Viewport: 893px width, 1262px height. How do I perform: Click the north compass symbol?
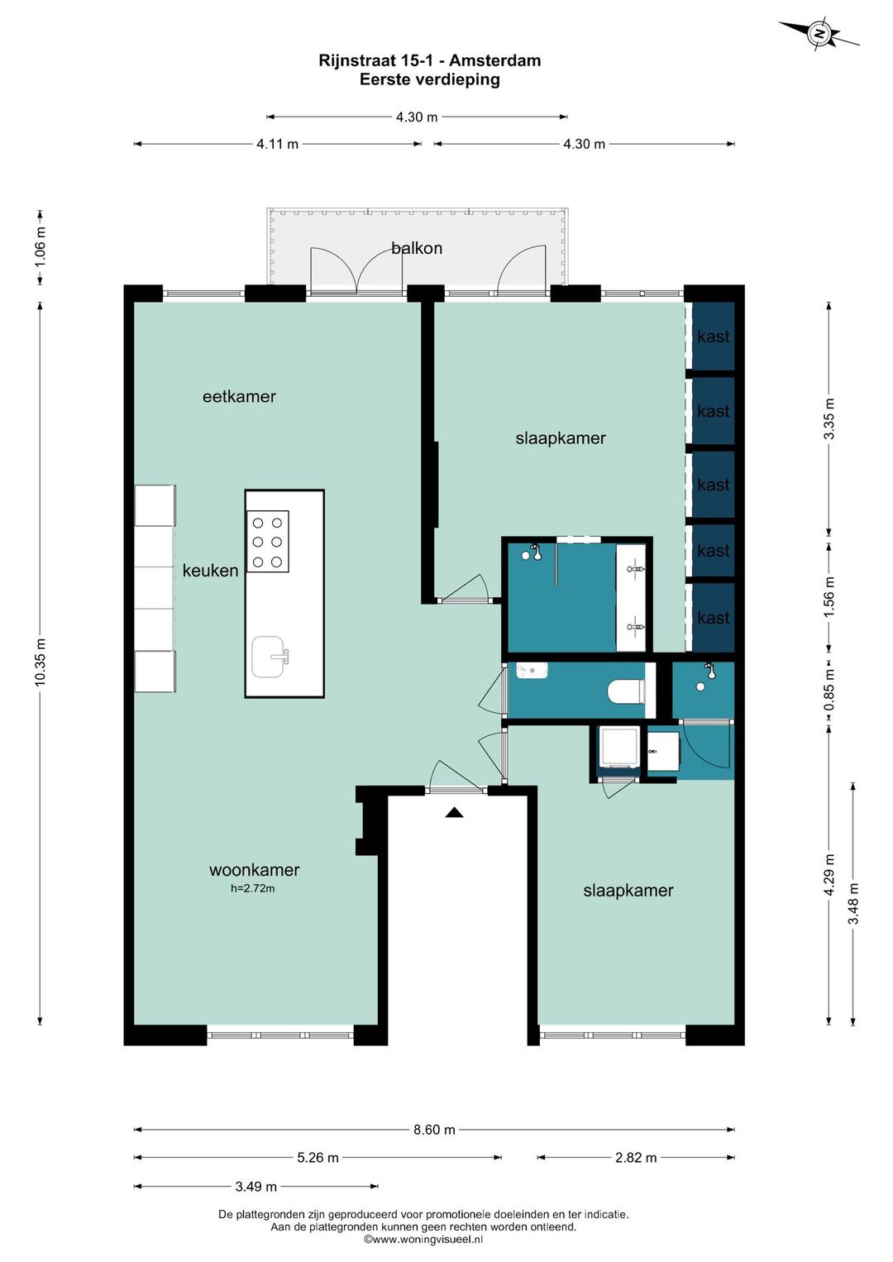point(819,34)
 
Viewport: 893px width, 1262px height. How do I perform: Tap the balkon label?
point(417,248)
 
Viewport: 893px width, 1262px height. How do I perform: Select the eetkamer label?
point(239,396)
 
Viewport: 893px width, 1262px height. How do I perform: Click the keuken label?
point(210,571)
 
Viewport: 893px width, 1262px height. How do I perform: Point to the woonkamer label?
point(254,869)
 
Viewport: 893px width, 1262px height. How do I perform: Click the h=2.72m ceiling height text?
point(253,888)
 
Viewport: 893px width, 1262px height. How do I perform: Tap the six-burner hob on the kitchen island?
point(267,542)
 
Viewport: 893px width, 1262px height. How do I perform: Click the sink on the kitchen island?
point(270,657)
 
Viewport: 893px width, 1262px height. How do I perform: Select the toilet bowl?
point(627,691)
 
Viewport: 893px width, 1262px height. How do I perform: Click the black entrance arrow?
point(454,812)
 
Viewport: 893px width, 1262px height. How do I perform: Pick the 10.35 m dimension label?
point(40,662)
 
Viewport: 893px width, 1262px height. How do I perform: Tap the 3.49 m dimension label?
point(256,1187)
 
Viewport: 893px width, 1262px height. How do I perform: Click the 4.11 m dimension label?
point(277,144)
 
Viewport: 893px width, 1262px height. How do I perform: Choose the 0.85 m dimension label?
point(829,691)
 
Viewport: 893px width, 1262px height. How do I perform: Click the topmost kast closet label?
point(714,337)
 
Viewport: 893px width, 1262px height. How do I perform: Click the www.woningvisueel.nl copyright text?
point(423,1239)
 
